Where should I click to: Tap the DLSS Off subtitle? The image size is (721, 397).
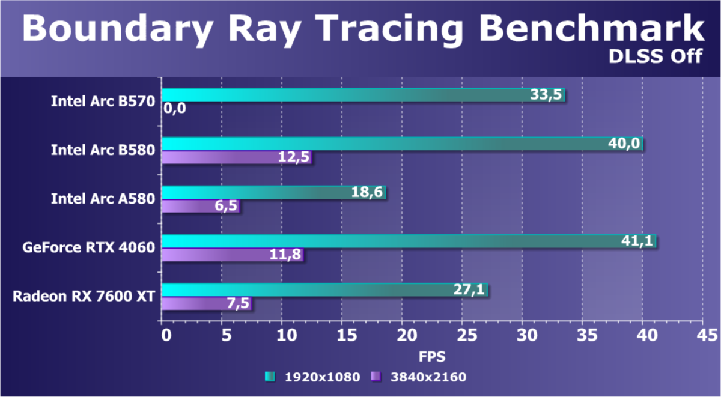coord(656,56)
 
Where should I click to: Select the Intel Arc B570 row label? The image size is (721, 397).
coord(103,100)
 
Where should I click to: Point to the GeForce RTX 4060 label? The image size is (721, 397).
coord(89,247)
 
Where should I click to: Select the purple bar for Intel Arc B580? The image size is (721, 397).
coord(237,157)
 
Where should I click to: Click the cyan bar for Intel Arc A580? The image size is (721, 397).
coord(273,192)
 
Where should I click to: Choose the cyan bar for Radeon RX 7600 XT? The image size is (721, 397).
coord(324,289)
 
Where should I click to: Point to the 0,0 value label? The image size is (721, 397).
coord(174,109)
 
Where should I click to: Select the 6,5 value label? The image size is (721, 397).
coord(225,206)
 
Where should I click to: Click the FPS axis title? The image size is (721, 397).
coord(431,356)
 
